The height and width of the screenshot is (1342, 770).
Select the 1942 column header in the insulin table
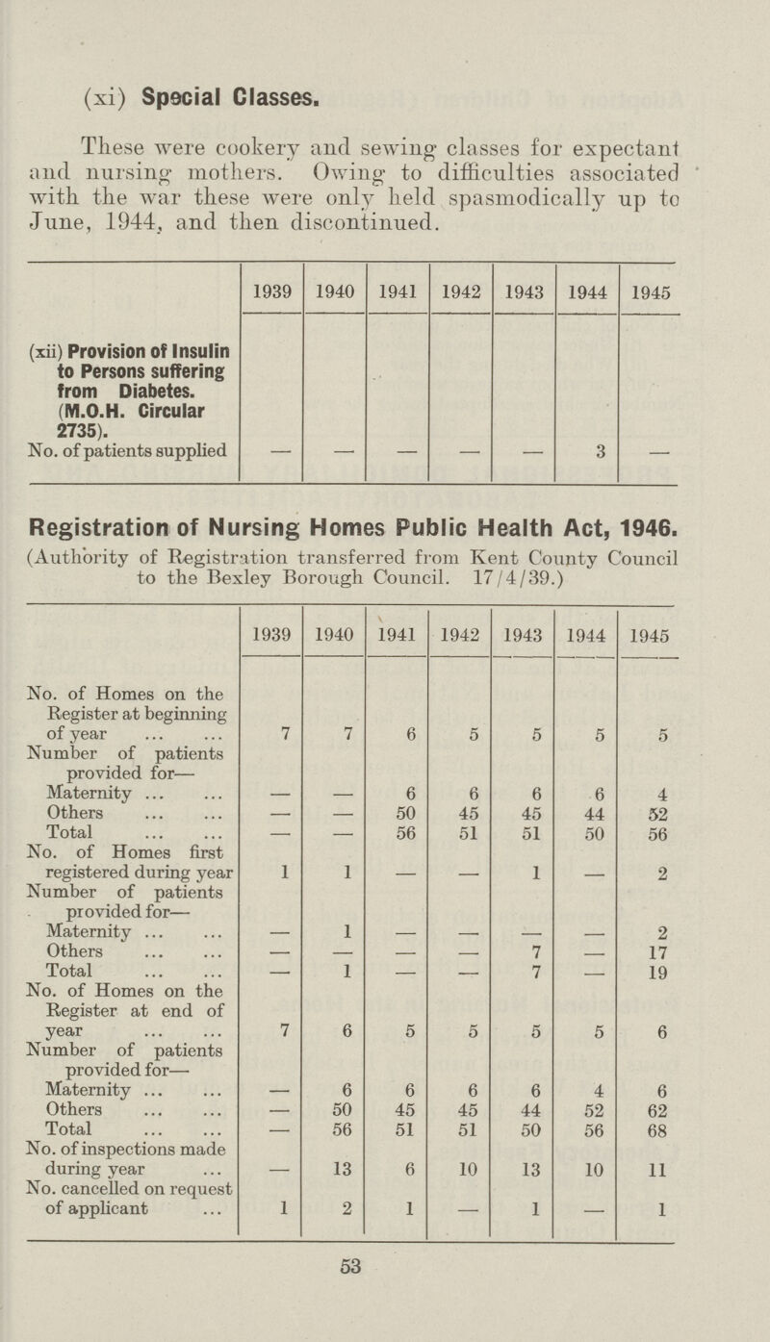[460, 287]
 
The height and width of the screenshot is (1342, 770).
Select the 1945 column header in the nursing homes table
[652, 636]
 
